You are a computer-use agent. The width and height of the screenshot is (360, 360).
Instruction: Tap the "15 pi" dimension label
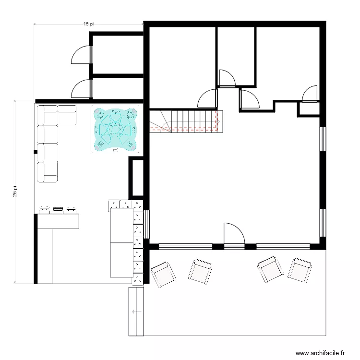(x=88, y=23)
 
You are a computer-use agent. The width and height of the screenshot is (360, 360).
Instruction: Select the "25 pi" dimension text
(x=15, y=192)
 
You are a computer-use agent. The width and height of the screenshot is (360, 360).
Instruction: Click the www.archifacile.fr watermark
(x=320, y=353)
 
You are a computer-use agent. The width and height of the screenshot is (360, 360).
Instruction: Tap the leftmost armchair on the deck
(x=163, y=275)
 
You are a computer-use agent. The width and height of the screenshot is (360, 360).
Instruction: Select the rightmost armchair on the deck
(x=300, y=271)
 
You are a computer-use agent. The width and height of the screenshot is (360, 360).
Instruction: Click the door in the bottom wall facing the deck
(x=234, y=235)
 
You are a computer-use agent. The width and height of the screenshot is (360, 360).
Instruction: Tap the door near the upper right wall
(x=310, y=94)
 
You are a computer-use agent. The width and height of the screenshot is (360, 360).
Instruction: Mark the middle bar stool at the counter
(x=58, y=209)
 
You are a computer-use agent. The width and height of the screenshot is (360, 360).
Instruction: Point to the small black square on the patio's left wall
(x=35, y=153)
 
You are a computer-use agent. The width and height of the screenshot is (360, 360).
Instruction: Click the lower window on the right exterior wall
(x=323, y=223)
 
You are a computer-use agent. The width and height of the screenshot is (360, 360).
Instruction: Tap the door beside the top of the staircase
(x=208, y=98)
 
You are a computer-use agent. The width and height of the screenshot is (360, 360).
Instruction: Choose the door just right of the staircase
(x=250, y=99)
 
